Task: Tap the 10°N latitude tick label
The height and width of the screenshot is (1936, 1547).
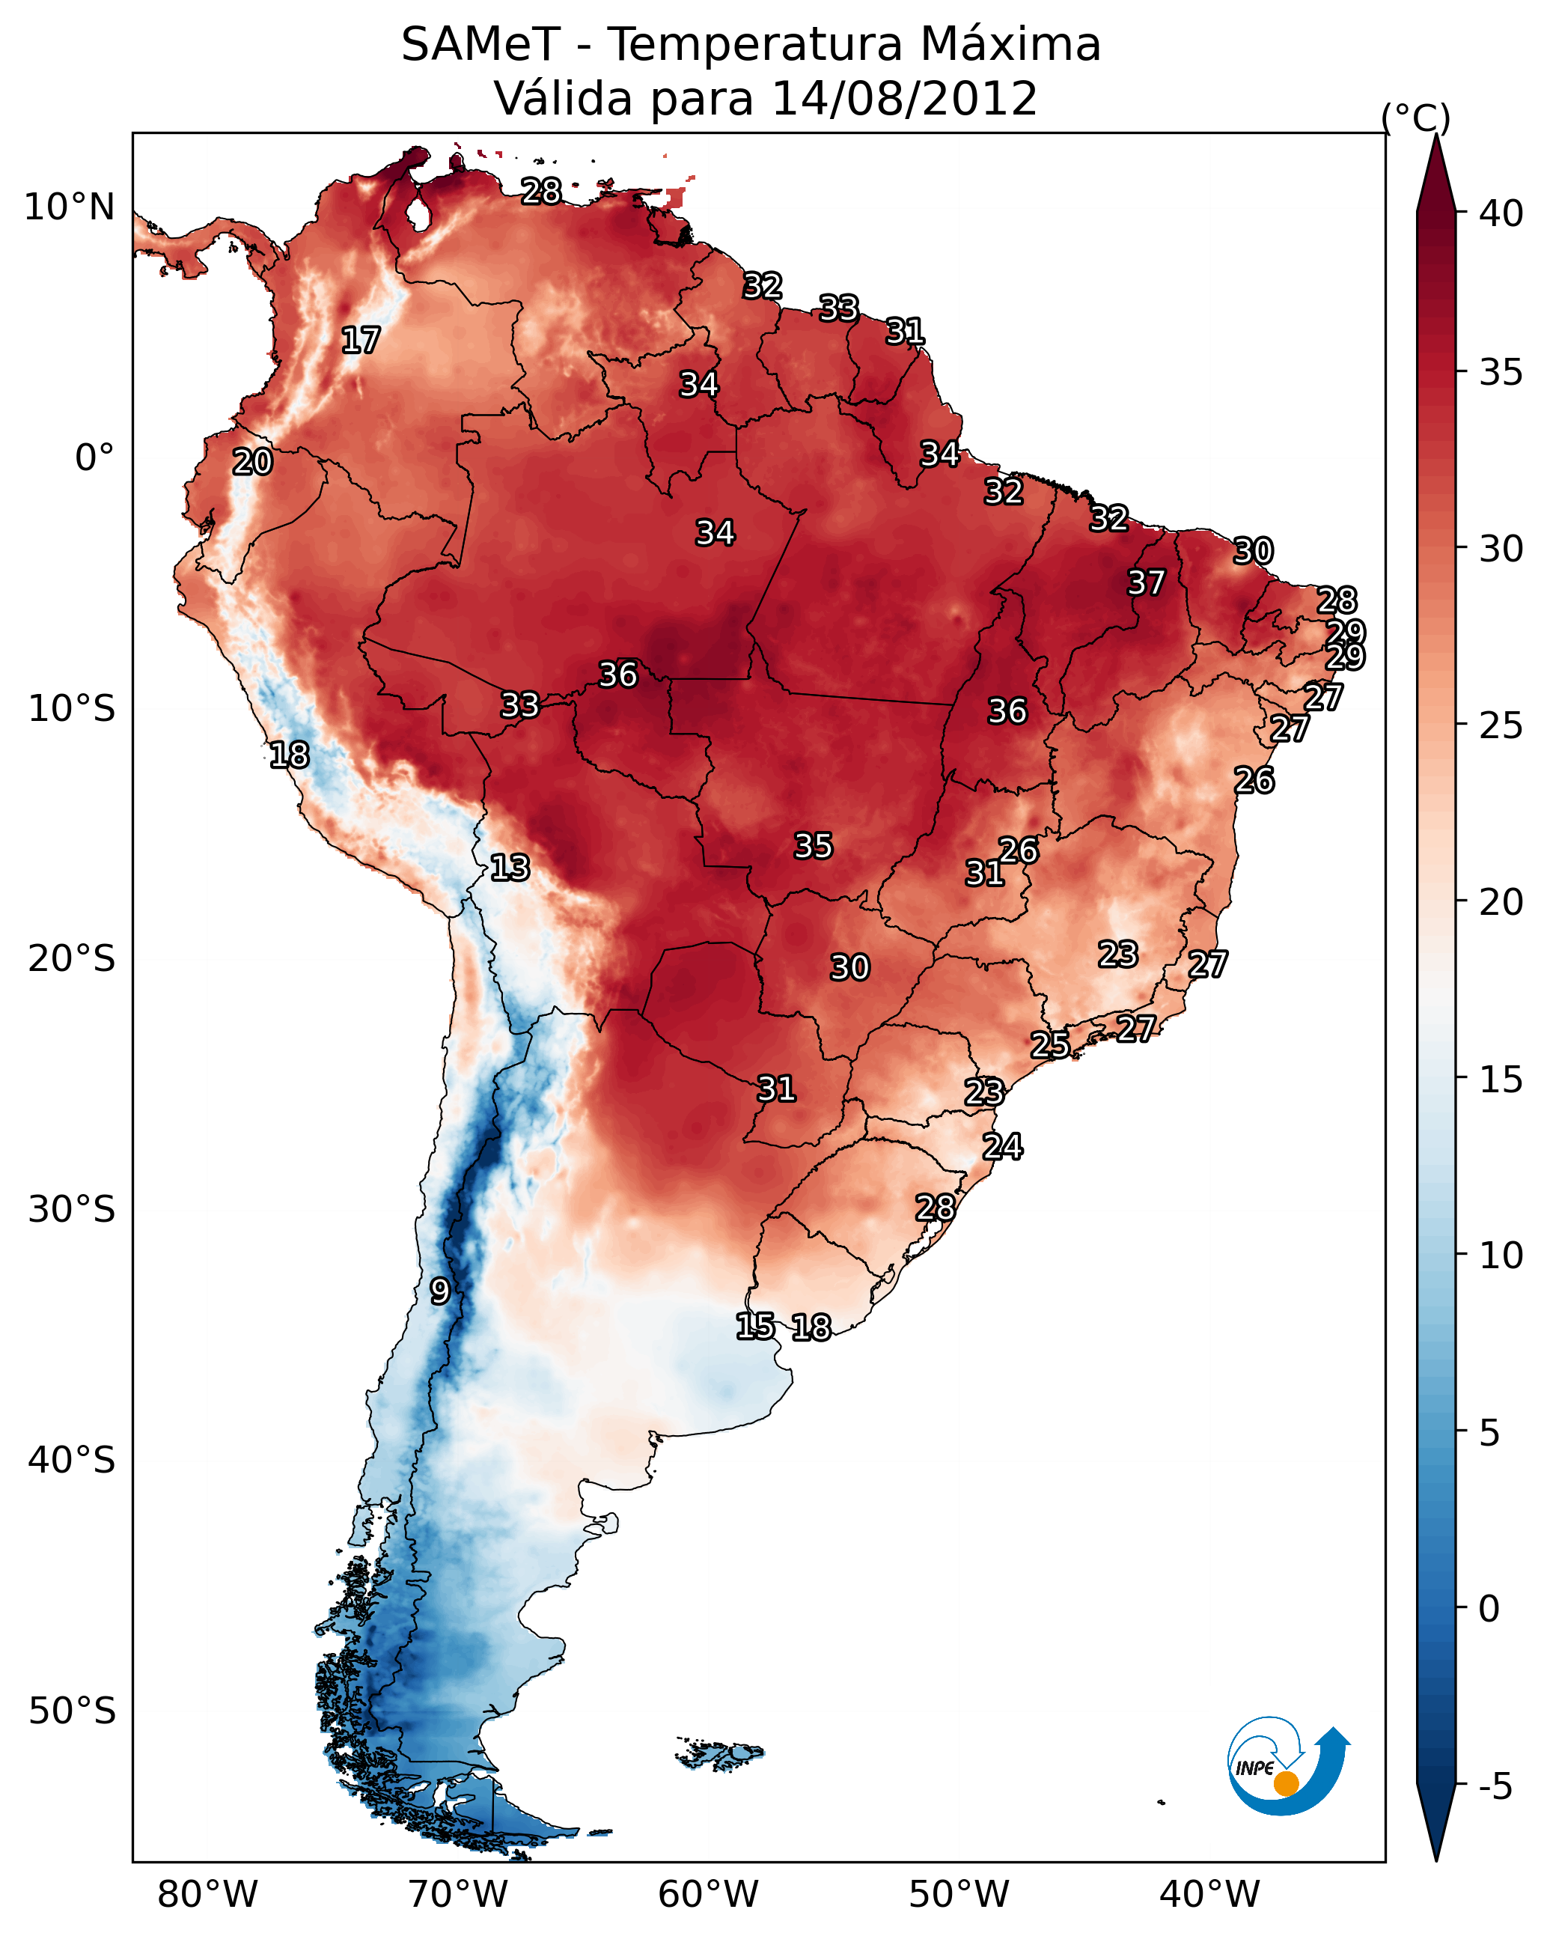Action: click(x=69, y=207)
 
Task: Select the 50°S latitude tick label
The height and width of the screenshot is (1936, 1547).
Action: click(x=72, y=1711)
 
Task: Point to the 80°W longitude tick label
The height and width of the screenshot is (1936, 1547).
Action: click(x=207, y=1894)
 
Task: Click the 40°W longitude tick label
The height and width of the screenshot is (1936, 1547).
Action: click(x=1209, y=1894)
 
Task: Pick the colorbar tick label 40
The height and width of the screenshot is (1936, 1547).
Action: click(x=1501, y=213)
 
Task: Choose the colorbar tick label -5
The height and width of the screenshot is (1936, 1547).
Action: click(x=1495, y=1787)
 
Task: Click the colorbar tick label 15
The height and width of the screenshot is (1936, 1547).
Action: click(x=1501, y=1080)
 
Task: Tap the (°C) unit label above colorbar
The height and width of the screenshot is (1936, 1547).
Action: click(x=1415, y=118)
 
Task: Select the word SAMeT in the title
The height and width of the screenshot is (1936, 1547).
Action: click(x=480, y=44)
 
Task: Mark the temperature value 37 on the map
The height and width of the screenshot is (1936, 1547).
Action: click(x=1146, y=582)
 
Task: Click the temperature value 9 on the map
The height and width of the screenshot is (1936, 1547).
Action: click(x=439, y=1291)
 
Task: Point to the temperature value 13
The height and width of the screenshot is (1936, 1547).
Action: click(x=510, y=868)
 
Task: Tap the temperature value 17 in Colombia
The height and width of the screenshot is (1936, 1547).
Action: click(x=361, y=341)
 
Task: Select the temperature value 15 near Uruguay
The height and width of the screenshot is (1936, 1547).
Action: click(x=755, y=1327)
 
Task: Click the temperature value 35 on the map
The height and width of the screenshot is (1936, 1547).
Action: click(x=814, y=846)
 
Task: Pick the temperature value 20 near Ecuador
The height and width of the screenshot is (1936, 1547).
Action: click(x=252, y=463)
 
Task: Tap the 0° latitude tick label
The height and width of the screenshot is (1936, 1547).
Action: click(x=94, y=458)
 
